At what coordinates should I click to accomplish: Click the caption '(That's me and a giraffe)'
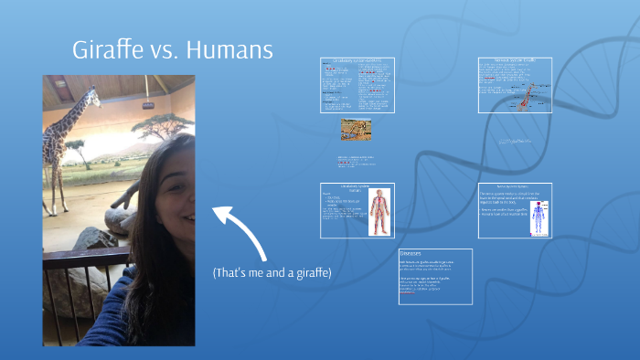click(272, 273)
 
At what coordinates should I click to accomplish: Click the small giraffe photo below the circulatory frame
click(356, 130)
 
